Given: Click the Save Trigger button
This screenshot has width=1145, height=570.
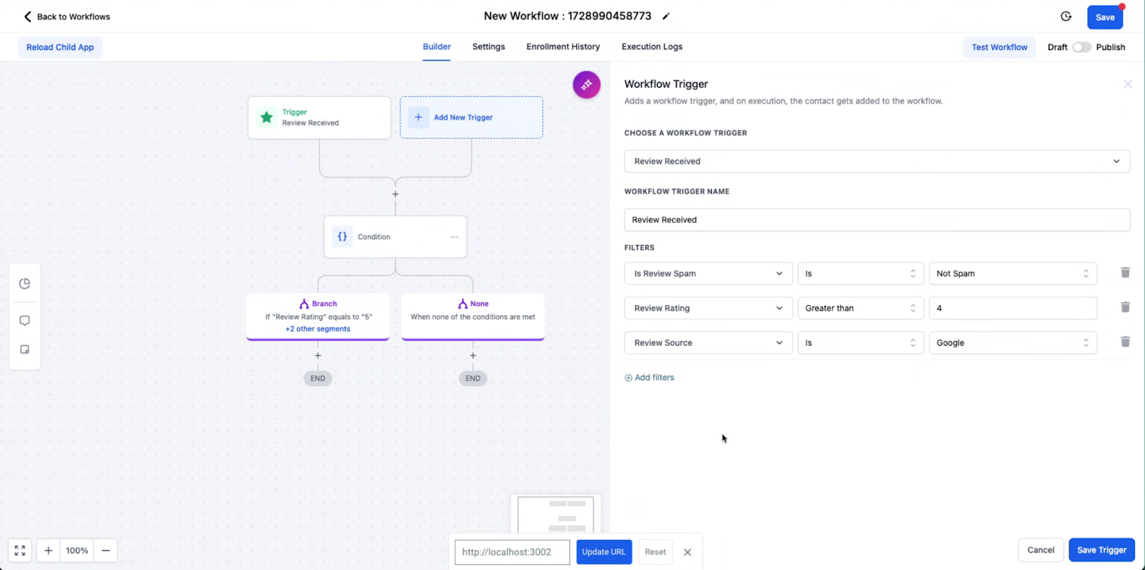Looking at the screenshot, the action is [1101, 550].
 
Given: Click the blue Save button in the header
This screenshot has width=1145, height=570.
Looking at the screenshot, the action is [1104, 17].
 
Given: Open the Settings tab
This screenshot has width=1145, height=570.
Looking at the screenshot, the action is [488, 47].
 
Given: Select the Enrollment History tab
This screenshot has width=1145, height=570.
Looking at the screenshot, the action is [562, 47].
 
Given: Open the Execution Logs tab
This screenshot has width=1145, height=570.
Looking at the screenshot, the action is [651, 47].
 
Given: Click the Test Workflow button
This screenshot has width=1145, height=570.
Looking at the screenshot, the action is [999, 47].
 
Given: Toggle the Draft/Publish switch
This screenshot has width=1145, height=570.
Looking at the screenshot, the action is [1081, 47].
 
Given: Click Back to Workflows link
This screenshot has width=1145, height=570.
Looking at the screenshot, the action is [67, 16].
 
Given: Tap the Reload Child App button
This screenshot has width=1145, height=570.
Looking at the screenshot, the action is [60, 47].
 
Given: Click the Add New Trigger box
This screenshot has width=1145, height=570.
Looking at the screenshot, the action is [471, 117].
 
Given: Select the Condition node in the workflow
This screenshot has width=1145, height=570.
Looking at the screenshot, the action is [395, 237].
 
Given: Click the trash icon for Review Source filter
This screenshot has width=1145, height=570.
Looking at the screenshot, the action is [1125, 342].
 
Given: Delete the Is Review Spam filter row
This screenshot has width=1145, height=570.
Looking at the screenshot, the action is [1125, 273].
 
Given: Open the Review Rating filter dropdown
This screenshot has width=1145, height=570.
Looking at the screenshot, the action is [708, 308].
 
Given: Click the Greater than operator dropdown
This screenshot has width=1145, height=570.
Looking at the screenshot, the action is [859, 308].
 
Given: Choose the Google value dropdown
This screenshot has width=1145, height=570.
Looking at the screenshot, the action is [1012, 343].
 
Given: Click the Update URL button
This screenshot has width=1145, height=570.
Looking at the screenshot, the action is [603, 552].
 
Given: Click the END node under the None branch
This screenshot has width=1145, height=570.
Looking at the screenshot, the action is [473, 378].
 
